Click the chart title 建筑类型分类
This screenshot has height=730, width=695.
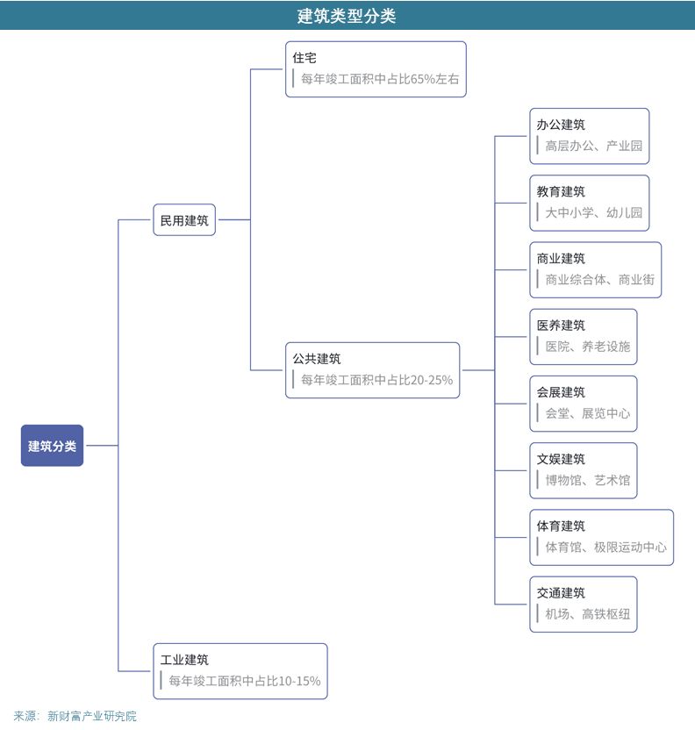(x=347, y=16)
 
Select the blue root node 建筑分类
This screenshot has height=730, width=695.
(x=52, y=446)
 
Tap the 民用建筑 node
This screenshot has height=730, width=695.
(x=184, y=220)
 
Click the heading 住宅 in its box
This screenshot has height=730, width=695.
(x=305, y=58)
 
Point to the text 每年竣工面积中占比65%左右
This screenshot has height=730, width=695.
(x=380, y=79)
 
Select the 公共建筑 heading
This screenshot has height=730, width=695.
(x=317, y=359)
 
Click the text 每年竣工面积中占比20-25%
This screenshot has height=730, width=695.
(x=376, y=380)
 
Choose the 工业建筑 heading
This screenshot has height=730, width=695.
(x=184, y=660)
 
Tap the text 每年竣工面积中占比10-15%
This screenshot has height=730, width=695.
(x=245, y=681)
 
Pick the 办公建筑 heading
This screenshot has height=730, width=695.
(x=561, y=125)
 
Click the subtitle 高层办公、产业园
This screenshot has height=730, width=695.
(x=593, y=146)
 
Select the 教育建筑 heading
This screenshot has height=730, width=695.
(x=561, y=191)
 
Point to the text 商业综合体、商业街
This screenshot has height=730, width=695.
(x=599, y=280)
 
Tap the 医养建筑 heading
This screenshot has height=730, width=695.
(x=561, y=326)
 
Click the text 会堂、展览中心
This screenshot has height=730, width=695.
(x=587, y=413)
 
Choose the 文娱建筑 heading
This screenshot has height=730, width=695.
(x=561, y=459)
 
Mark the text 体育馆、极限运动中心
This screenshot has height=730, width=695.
(x=605, y=547)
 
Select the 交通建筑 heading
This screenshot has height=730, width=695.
(x=561, y=593)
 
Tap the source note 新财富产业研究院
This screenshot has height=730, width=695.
(x=92, y=716)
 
